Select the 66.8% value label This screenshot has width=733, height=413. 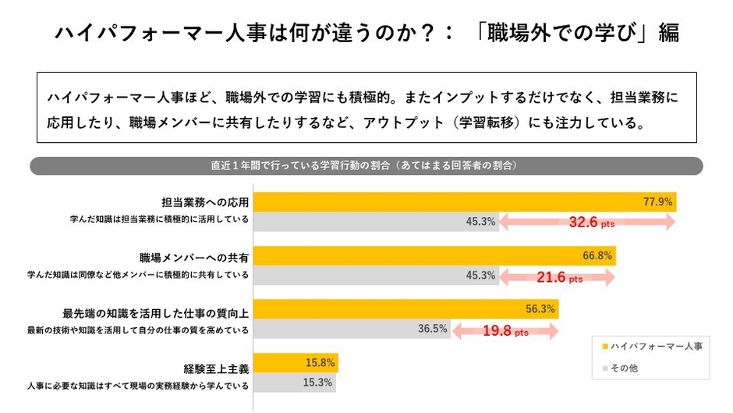597,255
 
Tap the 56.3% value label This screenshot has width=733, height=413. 541,308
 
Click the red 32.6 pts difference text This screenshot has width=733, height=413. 591,222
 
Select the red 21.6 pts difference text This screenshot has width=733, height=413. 558,276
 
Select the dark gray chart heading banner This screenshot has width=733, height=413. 366,166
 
